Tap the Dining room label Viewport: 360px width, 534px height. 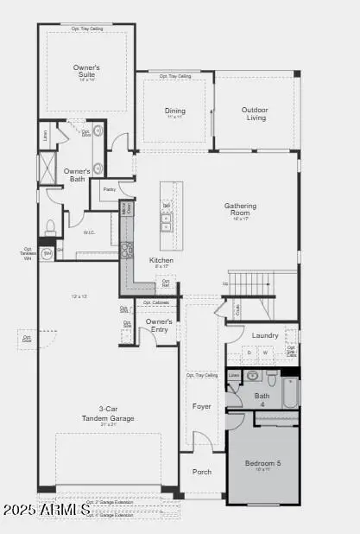click(x=175, y=110)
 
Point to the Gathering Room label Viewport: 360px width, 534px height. click(x=241, y=210)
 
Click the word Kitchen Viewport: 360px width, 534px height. click(x=161, y=260)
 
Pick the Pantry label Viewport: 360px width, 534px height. click(x=110, y=188)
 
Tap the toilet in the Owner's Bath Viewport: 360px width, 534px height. click(x=50, y=226)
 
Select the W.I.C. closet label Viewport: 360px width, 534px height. click(x=89, y=232)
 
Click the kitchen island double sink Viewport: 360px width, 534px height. click(x=166, y=224)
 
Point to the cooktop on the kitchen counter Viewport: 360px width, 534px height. click(x=126, y=250)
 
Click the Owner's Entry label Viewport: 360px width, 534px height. click(x=159, y=325)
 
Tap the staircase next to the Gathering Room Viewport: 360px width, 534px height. click(x=250, y=283)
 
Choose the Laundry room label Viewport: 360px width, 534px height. click(x=264, y=335)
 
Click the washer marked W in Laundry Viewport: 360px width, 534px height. click(x=266, y=353)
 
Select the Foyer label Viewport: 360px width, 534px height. click(x=201, y=405)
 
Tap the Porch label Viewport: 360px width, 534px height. click(x=201, y=472)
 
